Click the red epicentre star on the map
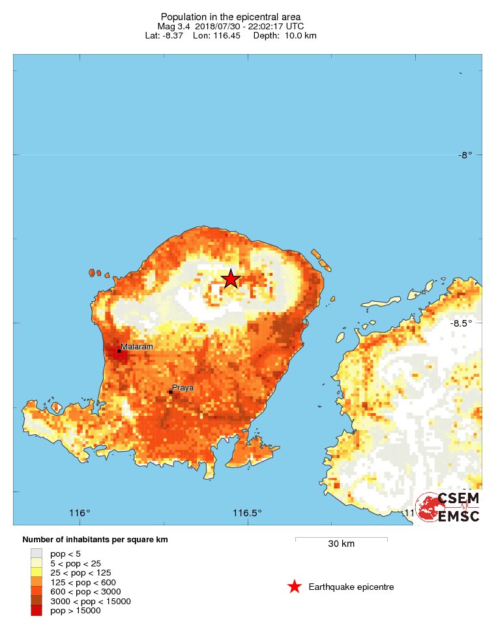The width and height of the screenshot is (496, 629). [x=231, y=279]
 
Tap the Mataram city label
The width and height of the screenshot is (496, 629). [x=137, y=347]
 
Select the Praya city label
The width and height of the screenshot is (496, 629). [x=183, y=388]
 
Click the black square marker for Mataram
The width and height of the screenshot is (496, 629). [x=119, y=351]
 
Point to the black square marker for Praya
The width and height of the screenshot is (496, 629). [x=170, y=392]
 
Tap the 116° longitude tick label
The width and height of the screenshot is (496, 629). [x=80, y=513]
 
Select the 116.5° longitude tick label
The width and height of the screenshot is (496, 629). [x=248, y=513]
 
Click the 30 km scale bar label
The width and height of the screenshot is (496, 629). [x=341, y=544]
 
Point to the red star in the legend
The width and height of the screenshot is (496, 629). [x=295, y=587]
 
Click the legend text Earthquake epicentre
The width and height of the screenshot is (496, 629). [x=351, y=587]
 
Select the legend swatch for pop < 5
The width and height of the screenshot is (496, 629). [x=36, y=553]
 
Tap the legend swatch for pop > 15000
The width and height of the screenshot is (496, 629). [x=36, y=611]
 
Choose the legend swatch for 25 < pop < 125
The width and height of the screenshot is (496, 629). [x=36, y=572]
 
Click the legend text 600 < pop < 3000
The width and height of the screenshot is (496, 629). [x=85, y=591]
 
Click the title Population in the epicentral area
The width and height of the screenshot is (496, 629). [x=231, y=16]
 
